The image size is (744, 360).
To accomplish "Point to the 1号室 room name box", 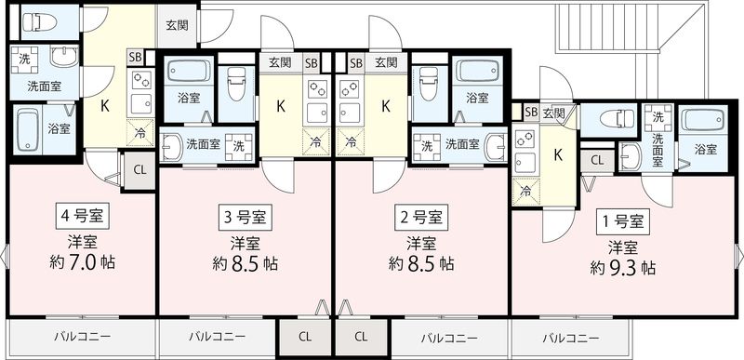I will click(x=622, y=221).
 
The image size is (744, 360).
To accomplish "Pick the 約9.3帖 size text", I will click(x=622, y=268).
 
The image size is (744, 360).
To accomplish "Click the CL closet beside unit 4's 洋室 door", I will click(x=139, y=169).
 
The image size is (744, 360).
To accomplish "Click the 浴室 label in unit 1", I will click(x=706, y=148).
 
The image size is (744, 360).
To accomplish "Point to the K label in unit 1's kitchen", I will click(x=558, y=154).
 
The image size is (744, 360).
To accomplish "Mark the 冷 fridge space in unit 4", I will click(x=140, y=132).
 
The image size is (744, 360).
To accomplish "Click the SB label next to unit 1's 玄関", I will click(x=530, y=113).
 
